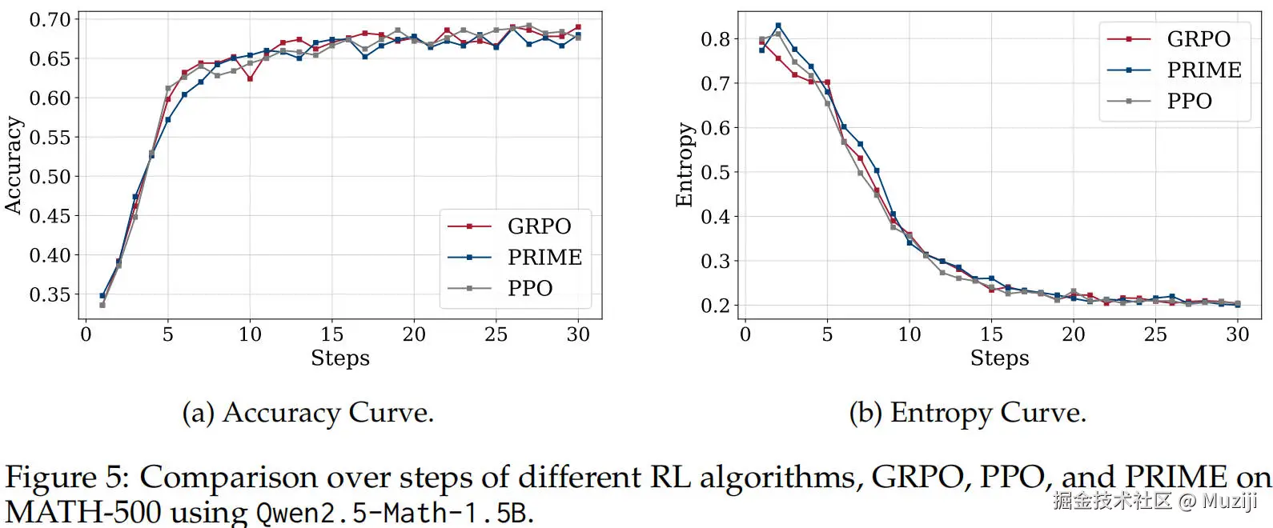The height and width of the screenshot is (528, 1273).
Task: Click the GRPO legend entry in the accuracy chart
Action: (539, 226)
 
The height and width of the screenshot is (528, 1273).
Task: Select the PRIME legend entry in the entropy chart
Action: (1203, 70)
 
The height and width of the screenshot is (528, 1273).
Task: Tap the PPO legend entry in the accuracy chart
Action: (529, 288)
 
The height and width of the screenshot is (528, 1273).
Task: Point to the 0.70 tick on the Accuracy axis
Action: (50, 19)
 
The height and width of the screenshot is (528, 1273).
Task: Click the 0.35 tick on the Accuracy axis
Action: (50, 294)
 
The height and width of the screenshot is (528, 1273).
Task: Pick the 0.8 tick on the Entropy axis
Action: (715, 39)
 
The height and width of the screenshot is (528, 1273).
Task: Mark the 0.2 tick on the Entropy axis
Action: (715, 306)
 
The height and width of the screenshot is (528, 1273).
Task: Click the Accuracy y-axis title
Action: (14, 165)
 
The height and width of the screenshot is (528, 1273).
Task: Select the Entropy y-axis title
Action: (684, 165)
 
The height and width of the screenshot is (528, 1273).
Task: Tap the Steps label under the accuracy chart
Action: (340, 358)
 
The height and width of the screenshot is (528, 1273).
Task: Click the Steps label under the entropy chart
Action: (999, 358)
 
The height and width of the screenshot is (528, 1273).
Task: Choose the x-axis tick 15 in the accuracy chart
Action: (331, 334)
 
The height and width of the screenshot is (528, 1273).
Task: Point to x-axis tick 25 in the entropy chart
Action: (1155, 334)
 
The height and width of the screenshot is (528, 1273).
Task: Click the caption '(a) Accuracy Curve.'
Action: (308, 413)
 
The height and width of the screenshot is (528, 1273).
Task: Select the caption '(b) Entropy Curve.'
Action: (967, 413)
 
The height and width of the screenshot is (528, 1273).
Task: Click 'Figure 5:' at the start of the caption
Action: (67, 477)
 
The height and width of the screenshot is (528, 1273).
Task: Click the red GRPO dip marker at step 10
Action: (251, 79)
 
